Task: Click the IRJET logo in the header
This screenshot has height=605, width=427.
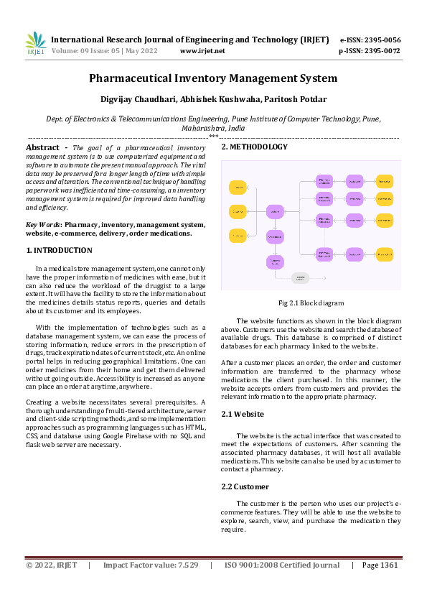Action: click(35, 44)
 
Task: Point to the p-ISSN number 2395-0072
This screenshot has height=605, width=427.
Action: click(383, 51)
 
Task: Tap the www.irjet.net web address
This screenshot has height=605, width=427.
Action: click(202, 51)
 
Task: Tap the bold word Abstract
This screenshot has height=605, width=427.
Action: click(42, 147)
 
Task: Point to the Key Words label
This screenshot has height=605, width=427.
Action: click(42, 224)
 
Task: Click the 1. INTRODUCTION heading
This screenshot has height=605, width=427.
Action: click(59, 250)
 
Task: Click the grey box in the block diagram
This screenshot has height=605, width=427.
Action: click(300, 277)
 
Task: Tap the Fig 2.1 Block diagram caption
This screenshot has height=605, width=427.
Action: click(311, 303)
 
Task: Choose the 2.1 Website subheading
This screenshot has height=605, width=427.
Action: click(243, 414)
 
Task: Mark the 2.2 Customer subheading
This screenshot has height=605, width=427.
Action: click(245, 486)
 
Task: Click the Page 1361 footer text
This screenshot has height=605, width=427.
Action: click(380, 565)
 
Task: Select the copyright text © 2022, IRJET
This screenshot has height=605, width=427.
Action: click(52, 565)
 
